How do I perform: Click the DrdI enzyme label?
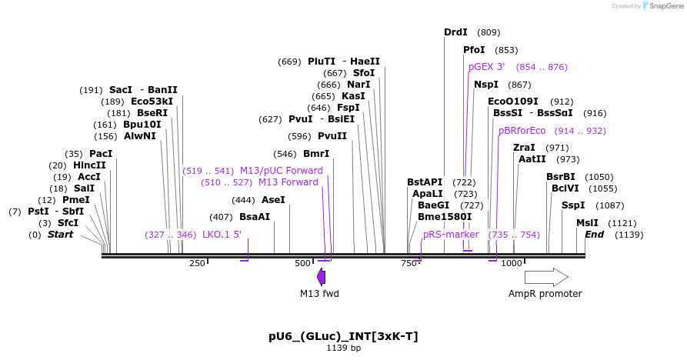[x=455, y=32]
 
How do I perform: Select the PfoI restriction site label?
[x=474, y=50]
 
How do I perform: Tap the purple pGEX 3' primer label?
[x=486, y=67]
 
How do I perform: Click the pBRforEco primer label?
[x=522, y=131]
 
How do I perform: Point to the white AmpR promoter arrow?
[x=546, y=278]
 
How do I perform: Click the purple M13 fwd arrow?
[x=321, y=276]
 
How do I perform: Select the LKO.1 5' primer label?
[x=222, y=235]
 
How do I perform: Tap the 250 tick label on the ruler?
[x=197, y=264]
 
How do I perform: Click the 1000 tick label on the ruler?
[x=512, y=264]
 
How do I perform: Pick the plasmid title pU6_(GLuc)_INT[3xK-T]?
[x=343, y=336]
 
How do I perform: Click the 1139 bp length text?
[x=343, y=348]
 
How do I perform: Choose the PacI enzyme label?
[x=100, y=154]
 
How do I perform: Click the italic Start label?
[x=61, y=235]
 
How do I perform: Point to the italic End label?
[x=594, y=235]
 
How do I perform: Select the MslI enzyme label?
[x=587, y=223]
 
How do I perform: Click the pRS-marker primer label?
[x=451, y=235]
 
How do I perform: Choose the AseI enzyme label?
[x=273, y=200]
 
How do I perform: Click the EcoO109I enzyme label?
[x=513, y=102]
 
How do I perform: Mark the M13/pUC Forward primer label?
[x=281, y=171]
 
